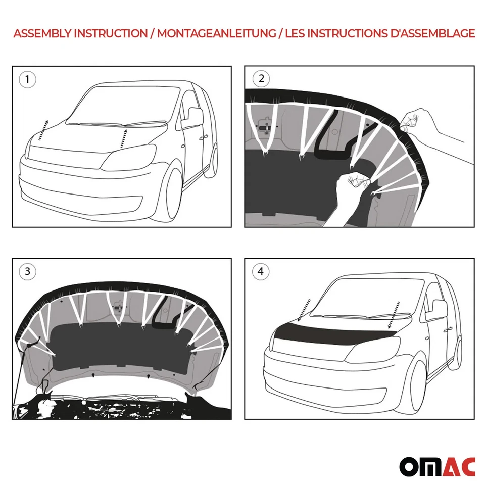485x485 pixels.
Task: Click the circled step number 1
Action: click(x=27, y=79)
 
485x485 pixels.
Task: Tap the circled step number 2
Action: click(x=261, y=78)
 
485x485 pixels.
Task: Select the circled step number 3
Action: click(x=27, y=272)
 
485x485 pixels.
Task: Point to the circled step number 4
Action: click(x=261, y=272)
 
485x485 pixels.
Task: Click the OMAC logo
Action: click(x=437, y=466)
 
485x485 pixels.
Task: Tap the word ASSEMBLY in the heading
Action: click(x=42, y=34)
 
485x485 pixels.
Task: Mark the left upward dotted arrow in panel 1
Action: click(x=43, y=131)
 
